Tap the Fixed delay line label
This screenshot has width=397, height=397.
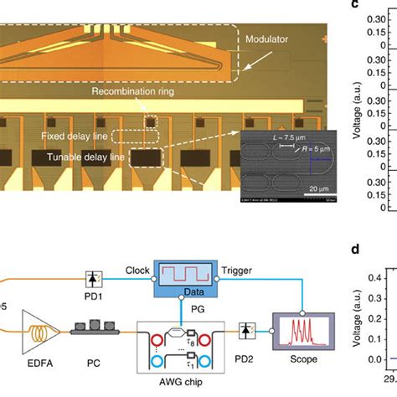tap(73, 135)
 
